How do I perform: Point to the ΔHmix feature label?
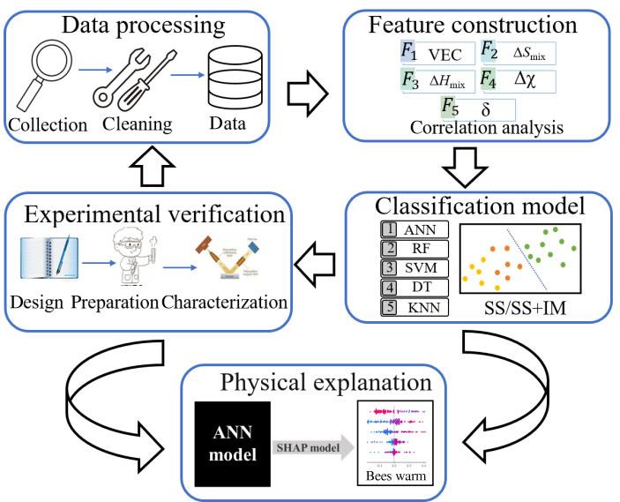[445, 82]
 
